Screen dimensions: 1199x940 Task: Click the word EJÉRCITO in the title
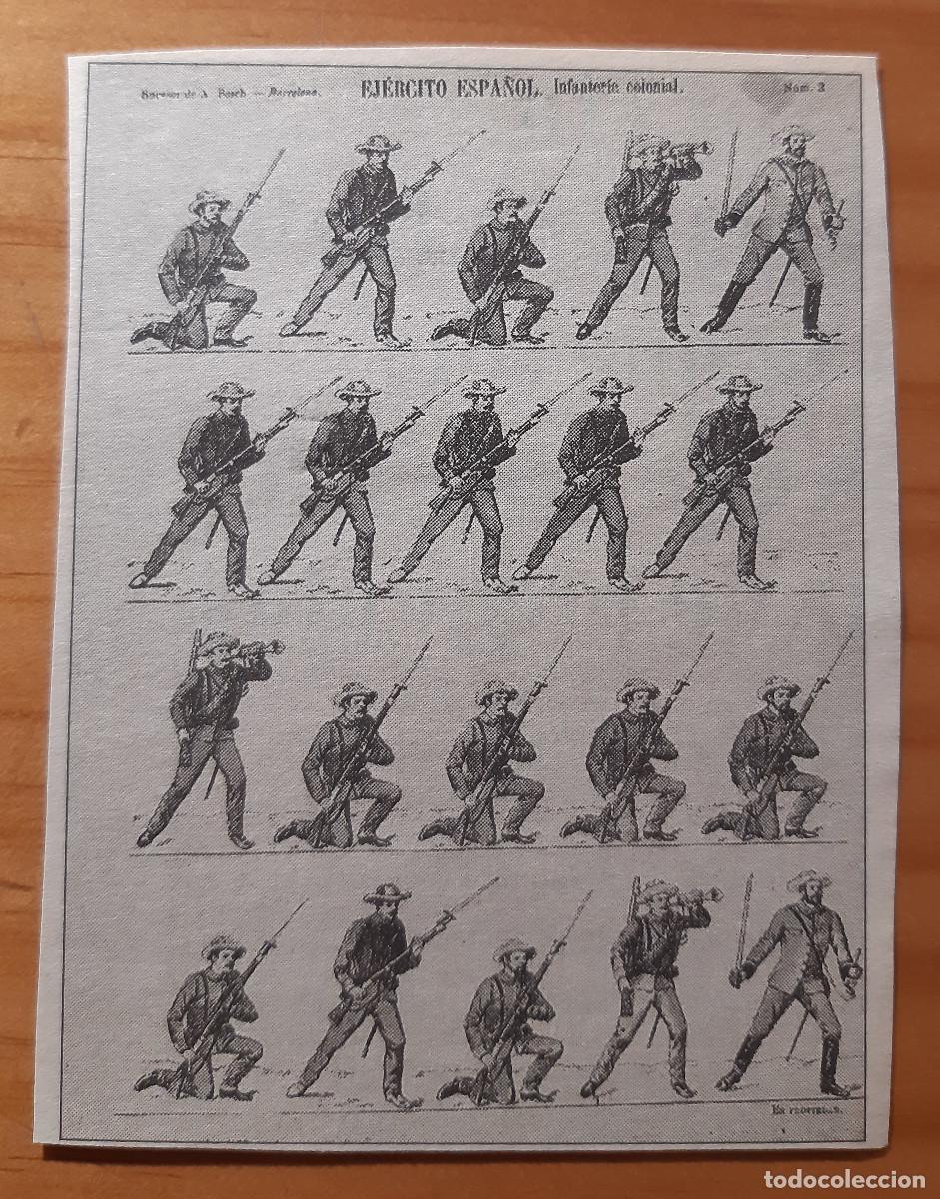click(x=404, y=89)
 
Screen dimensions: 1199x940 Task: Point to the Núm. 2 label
click(x=801, y=88)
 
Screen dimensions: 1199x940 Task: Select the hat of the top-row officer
click(x=794, y=133)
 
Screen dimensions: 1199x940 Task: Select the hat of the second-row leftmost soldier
click(x=231, y=389)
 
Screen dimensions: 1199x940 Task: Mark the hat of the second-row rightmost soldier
click(x=739, y=384)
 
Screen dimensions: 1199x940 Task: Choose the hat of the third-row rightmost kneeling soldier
click(x=779, y=687)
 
